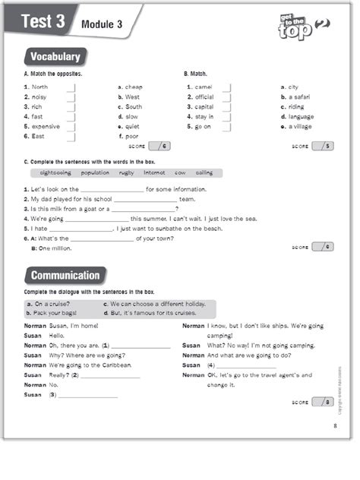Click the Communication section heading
tap(65, 276)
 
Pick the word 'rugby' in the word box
tap(127, 172)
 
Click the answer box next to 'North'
tap(71, 87)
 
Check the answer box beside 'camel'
tap(226, 87)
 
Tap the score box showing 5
tap(324, 146)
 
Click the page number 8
tap(334, 425)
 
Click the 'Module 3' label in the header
tap(100, 24)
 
